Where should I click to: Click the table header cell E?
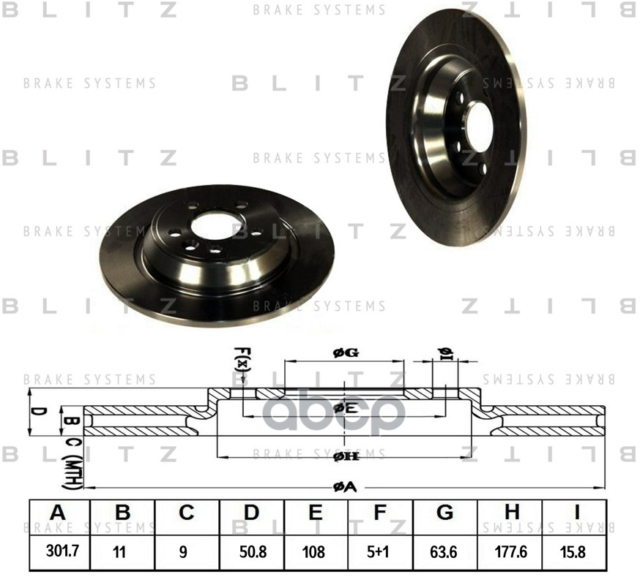pos(316,513)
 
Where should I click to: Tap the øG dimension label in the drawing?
pos(345,353)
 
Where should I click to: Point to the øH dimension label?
pos(345,457)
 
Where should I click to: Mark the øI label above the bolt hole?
pos(444,353)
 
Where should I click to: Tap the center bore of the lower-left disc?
pos(216,226)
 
